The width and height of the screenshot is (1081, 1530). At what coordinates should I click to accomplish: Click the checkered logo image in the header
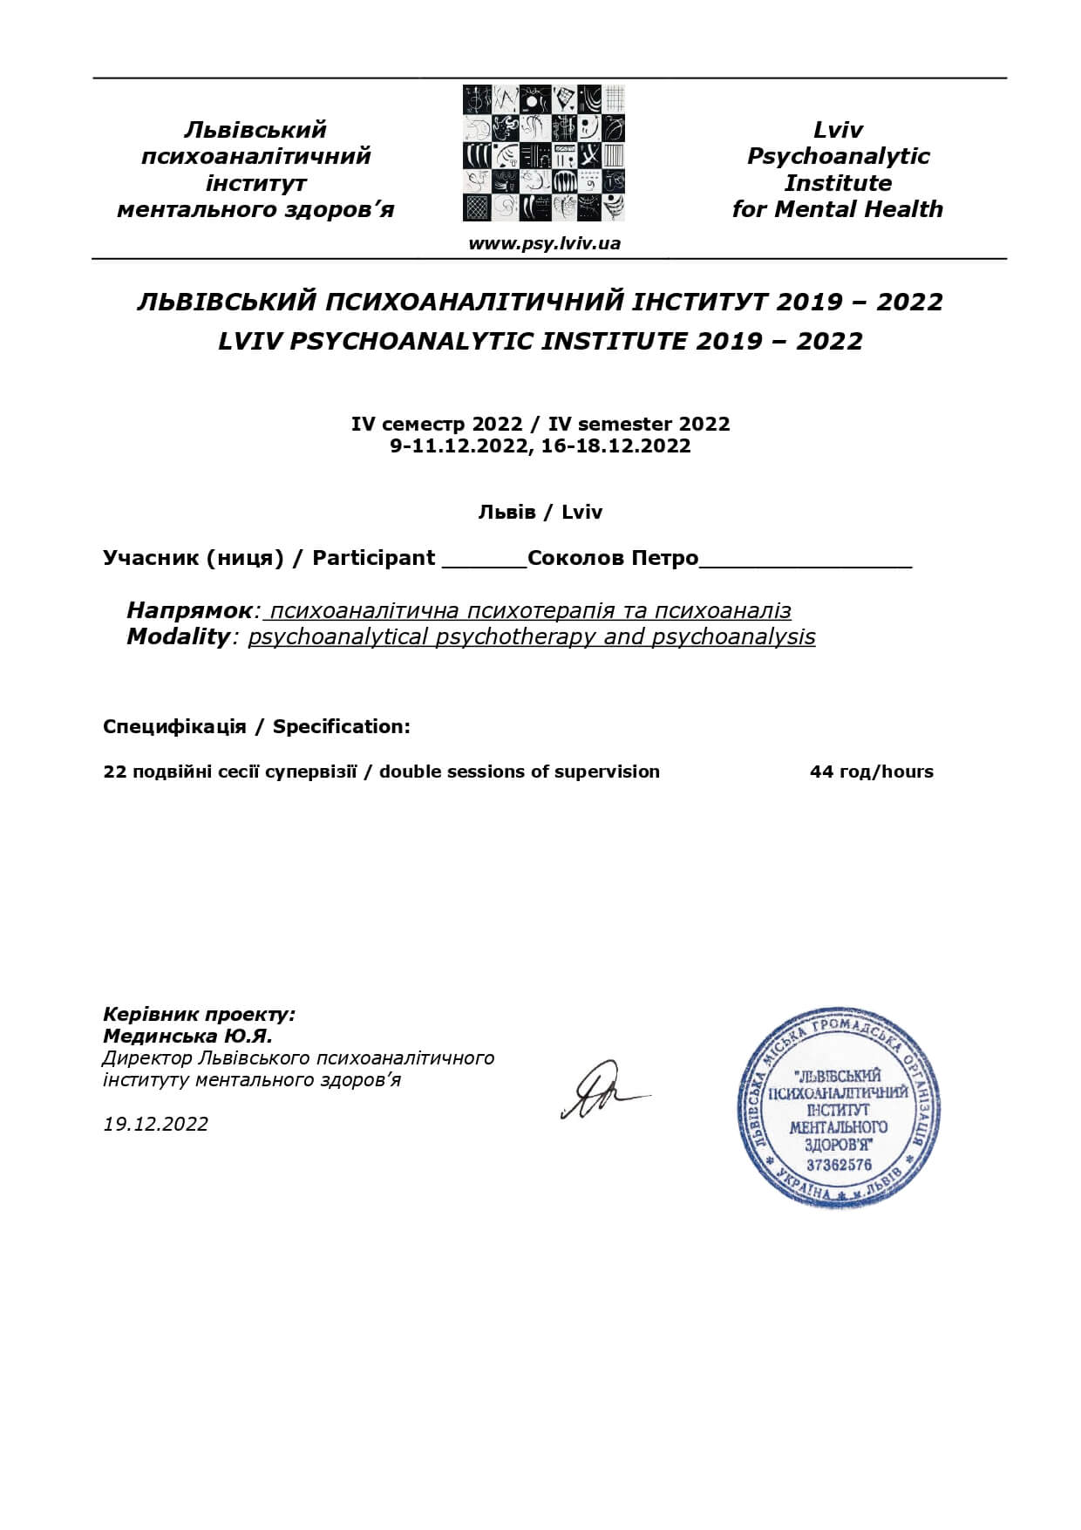543,153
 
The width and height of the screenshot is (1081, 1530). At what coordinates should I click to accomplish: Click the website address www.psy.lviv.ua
544,243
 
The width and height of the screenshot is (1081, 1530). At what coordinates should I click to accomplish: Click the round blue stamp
838,1107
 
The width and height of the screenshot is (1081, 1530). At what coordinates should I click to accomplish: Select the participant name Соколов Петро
613,558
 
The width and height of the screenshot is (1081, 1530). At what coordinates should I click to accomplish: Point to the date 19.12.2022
156,1124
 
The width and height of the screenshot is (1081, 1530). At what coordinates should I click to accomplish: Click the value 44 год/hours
871,772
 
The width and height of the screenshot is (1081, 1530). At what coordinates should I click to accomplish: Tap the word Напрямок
189,610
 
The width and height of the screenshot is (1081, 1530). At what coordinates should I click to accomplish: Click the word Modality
177,636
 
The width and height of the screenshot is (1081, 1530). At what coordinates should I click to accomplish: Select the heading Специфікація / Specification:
256,726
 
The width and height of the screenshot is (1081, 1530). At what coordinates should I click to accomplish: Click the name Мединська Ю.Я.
187,1036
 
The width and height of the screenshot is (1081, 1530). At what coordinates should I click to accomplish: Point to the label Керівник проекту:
199,1014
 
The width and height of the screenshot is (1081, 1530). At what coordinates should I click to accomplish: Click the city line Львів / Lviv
540,512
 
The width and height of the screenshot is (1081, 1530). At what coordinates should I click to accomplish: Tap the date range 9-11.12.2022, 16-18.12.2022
540,446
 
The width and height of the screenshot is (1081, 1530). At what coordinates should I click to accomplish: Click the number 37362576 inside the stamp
839,1165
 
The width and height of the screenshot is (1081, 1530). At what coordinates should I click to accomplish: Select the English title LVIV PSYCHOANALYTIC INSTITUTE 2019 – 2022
540,341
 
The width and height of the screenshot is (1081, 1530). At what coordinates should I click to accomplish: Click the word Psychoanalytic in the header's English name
838,156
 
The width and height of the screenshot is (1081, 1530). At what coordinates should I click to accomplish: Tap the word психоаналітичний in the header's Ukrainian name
255,156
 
